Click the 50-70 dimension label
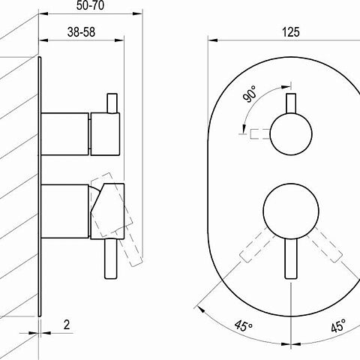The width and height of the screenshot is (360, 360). (x=90, y=5)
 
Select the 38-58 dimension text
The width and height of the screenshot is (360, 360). (x=81, y=32)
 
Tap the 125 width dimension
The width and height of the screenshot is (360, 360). (x=291, y=32)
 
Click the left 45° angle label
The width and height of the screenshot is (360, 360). (x=244, y=325)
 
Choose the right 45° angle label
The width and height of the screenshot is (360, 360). (x=338, y=325)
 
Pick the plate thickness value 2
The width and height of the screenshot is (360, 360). (x=67, y=325)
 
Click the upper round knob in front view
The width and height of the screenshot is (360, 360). (x=291, y=134)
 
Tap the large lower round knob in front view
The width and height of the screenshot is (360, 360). (x=291, y=211)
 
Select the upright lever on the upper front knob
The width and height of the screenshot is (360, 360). (x=291, y=103)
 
